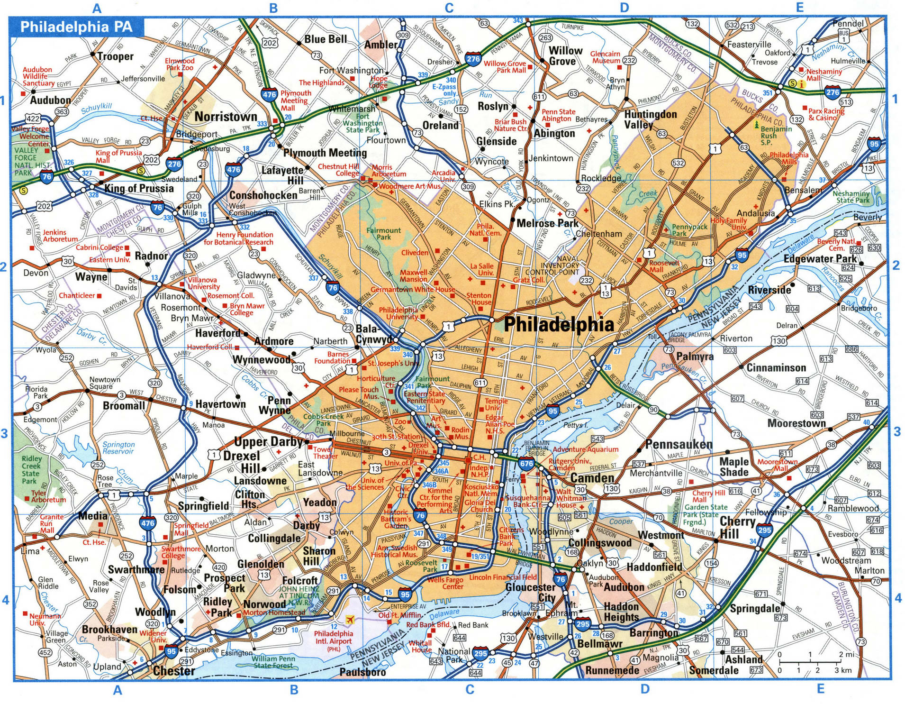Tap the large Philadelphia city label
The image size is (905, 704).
pos(559,324)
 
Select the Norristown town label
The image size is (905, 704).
pos(226,117)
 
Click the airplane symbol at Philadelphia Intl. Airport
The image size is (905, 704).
pos(350,619)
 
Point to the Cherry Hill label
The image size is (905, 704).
pos(737,527)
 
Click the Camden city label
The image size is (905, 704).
pos(592,478)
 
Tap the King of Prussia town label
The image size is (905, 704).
pos(139,188)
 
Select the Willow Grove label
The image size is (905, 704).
pos(565,56)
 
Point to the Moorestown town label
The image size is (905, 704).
pos(796,423)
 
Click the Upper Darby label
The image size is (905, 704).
pos(268,442)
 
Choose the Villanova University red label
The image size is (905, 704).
pos(204,283)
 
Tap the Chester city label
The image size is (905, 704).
pos(174,671)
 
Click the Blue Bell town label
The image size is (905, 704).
pos(326,39)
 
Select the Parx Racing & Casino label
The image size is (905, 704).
pos(826,114)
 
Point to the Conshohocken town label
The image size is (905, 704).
pos(263,195)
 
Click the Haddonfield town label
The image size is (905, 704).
pos(654,567)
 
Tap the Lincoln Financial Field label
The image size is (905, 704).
pos(503,577)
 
